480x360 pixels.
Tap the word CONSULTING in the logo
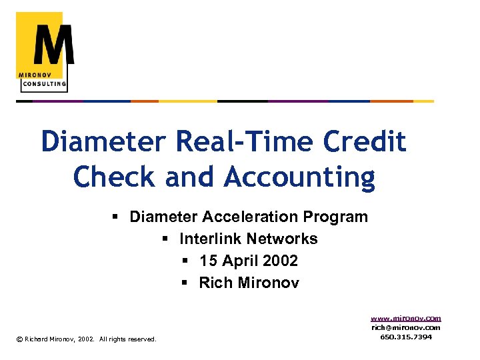tap(44, 84)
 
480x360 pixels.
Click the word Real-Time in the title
tap(244, 141)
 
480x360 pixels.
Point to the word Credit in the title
tap(364, 141)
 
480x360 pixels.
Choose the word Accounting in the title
tap(300, 177)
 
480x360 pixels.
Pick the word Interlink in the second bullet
tap(209, 239)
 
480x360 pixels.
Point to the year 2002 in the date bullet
tap(280, 261)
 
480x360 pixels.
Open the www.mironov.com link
tap(406, 319)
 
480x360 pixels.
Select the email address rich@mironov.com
tap(406, 327)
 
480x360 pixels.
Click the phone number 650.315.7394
tap(406, 337)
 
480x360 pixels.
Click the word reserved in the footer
tap(141, 339)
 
